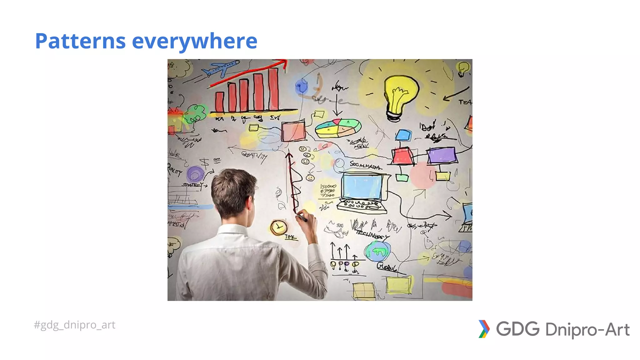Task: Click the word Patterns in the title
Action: click(x=80, y=41)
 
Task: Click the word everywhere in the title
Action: click(x=194, y=41)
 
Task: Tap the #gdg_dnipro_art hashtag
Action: click(x=74, y=325)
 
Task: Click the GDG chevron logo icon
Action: click(x=484, y=329)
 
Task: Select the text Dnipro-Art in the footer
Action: click(x=587, y=330)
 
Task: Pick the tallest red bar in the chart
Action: click(x=273, y=89)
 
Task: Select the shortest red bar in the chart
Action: click(x=220, y=102)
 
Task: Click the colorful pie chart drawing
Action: click(x=338, y=128)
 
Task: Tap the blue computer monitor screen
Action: click(x=362, y=187)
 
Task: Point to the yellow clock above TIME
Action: click(x=278, y=227)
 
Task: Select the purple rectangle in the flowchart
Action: click(x=442, y=155)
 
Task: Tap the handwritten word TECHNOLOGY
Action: click(x=372, y=235)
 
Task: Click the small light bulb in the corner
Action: click(x=462, y=68)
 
